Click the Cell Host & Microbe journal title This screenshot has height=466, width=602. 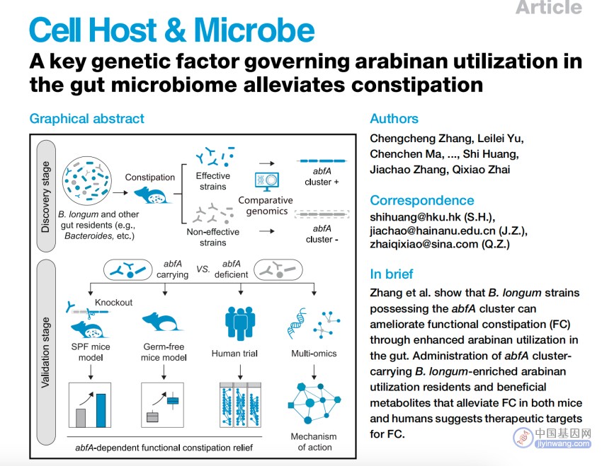[x=171, y=30]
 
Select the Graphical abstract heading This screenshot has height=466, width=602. [x=87, y=119]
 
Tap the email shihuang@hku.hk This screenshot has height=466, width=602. [x=415, y=217]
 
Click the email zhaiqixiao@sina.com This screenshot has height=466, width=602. [x=424, y=244]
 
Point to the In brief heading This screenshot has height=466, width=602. [x=391, y=274]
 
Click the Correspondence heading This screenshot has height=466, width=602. [x=422, y=200]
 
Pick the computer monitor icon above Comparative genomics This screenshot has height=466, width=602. [x=267, y=182]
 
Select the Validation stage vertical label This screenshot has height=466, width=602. [x=46, y=352]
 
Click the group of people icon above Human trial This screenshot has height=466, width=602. [x=240, y=323]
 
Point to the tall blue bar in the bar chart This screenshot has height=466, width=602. [x=101, y=410]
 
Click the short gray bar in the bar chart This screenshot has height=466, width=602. [x=81, y=418]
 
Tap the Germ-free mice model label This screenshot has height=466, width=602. [x=164, y=352]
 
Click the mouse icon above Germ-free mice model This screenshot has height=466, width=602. [x=162, y=322]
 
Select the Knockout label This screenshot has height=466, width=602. [x=113, y=303]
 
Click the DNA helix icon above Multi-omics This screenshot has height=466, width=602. [x=297, y=324]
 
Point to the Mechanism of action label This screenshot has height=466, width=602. [x=314, y=442]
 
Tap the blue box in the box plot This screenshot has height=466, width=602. [x=173, y=401]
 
